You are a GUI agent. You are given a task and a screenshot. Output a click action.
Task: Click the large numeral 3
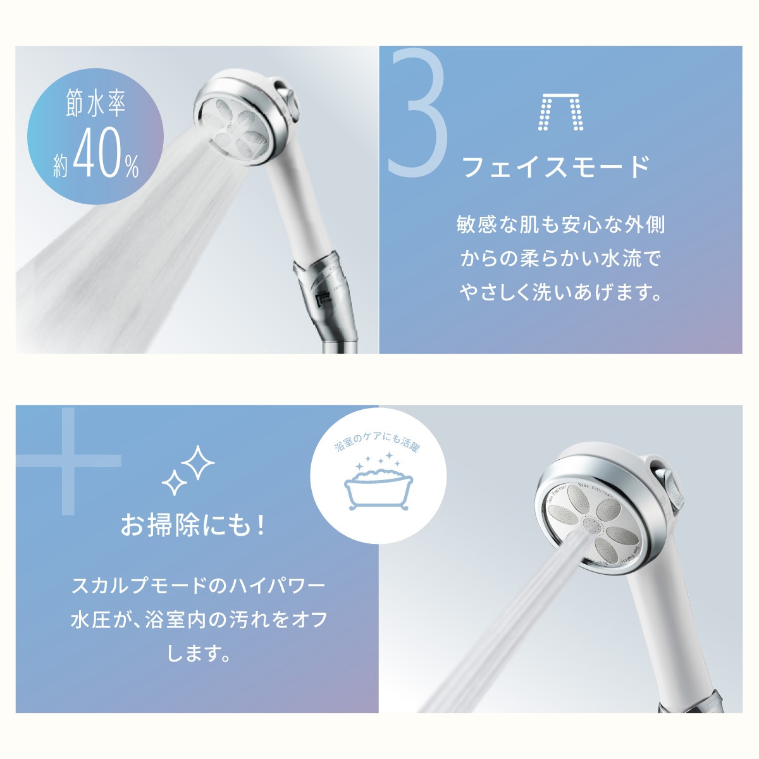pos(418,114)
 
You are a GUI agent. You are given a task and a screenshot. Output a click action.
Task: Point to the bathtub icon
pos(378,489)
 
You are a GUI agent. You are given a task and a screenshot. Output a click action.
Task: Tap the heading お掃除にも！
pos(194,524)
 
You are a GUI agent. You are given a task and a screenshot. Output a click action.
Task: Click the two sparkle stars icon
pos(189,470)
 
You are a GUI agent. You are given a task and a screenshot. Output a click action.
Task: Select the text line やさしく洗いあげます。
pos(560,293)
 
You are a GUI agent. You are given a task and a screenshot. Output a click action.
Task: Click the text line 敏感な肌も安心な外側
pos(560,225)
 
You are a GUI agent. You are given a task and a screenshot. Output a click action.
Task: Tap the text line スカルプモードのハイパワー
pos(198,585)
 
